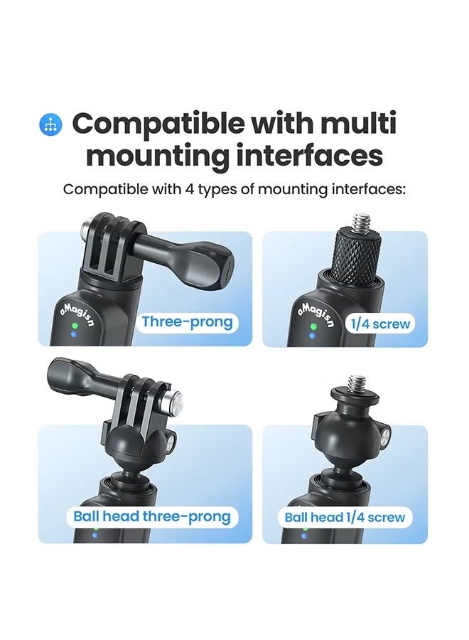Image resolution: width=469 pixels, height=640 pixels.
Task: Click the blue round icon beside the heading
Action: pos(50,124)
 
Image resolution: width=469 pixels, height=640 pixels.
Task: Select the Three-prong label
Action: pos(187,322)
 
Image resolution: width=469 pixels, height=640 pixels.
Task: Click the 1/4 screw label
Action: pos(380,324)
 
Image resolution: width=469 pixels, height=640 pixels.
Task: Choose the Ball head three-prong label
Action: pos(152,517)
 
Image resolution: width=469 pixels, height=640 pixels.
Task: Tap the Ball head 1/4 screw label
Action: pos(345,518)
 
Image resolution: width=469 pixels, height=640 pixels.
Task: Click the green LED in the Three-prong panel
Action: pos(74,326)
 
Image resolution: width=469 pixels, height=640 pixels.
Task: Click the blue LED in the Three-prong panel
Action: pos(74,335)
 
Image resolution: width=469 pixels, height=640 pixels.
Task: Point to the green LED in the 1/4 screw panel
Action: pos(313,327)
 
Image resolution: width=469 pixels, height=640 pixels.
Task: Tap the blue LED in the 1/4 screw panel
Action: pos(313,336)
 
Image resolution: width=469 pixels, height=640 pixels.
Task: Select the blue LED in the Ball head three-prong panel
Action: pos(95,534)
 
